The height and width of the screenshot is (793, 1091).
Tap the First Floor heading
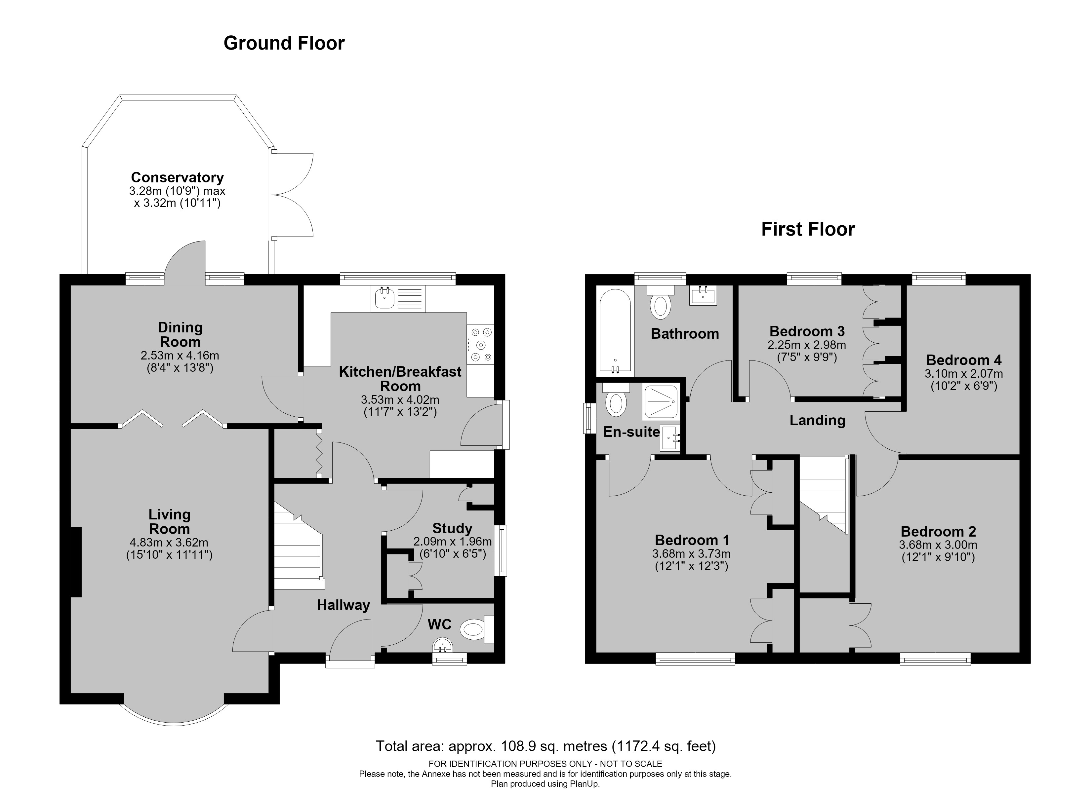pyautogui.click(x=808, y=229)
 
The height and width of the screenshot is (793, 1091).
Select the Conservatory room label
pyautogui.click(x=178, y=177)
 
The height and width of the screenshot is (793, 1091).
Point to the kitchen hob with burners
pyautogui.click(x=480, y=344)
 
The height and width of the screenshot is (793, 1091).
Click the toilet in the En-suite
pyautogui.click(x=616, y=399)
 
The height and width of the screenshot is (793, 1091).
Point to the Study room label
pyautogui.click(x=452, y=529)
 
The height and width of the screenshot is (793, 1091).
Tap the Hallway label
pyautogui.click(x=343, y=605)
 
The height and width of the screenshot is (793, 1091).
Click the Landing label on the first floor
pyautogui.click(x=817, y=420)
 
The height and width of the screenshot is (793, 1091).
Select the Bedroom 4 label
pyautogui.click(x=963, y=360)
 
